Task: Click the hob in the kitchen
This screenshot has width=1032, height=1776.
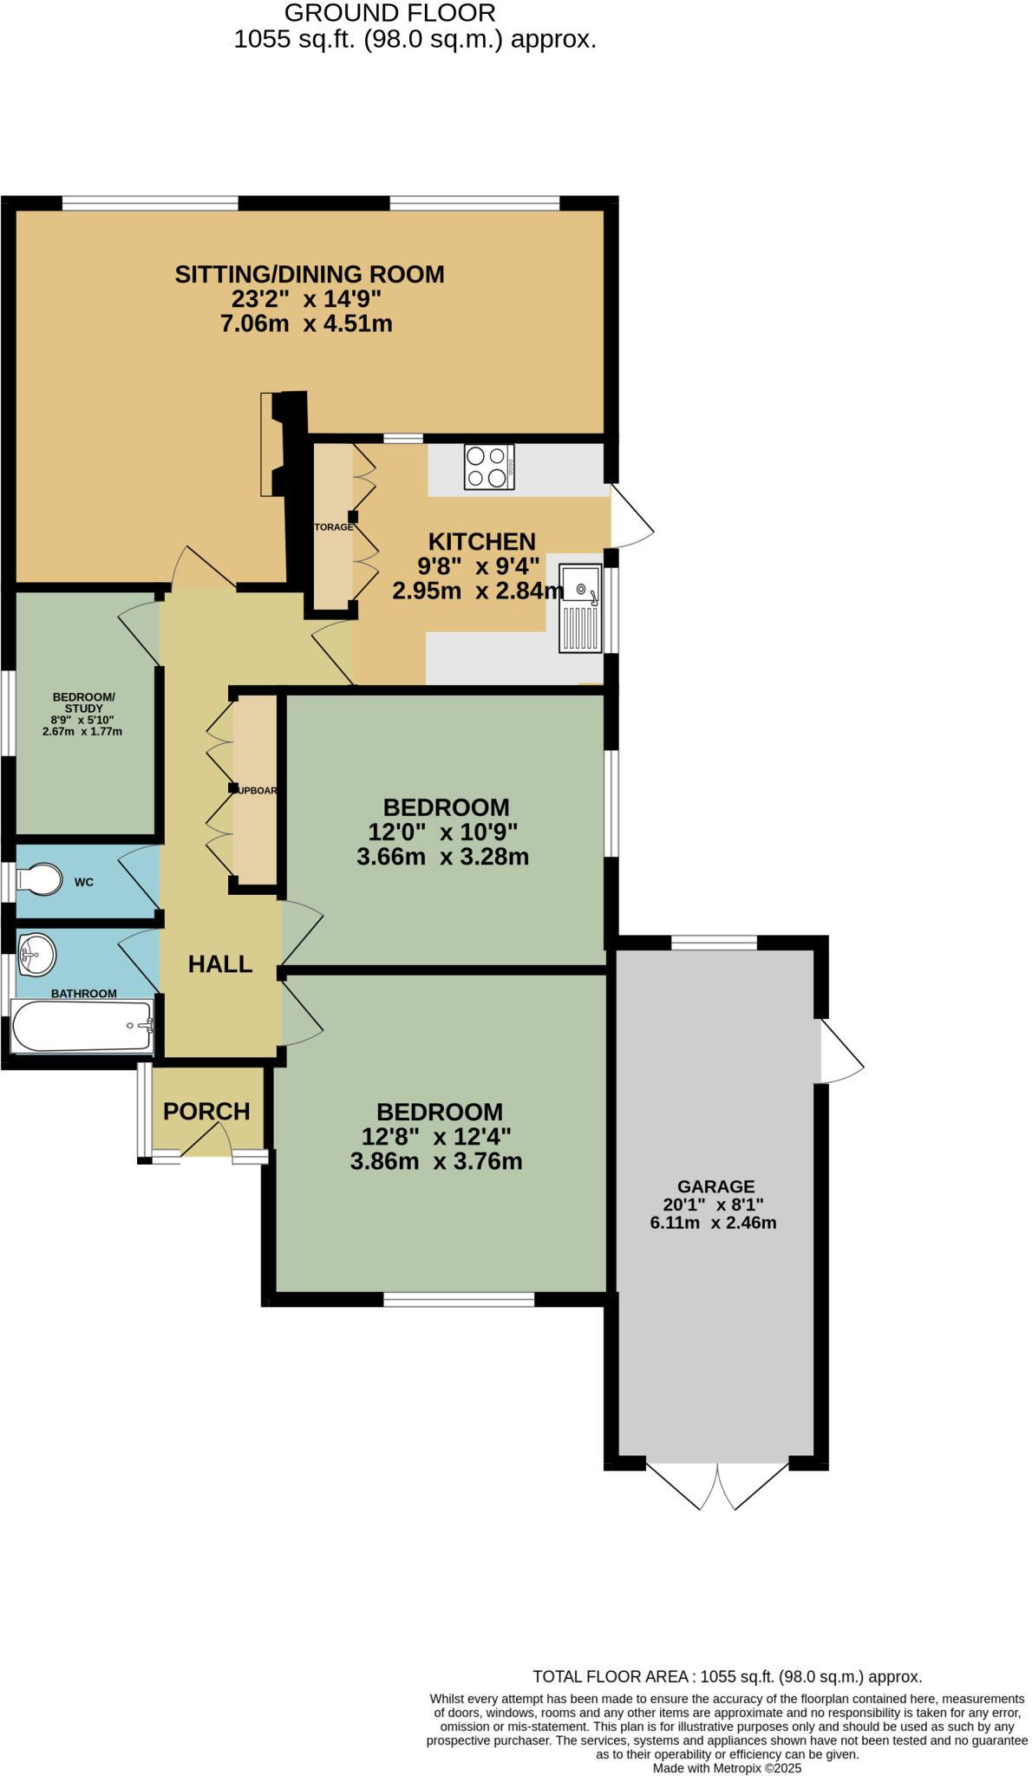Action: pos(489,467)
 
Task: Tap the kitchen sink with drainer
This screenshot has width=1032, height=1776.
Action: pos(581,608)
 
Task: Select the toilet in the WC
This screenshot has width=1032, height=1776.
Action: pos(40,880)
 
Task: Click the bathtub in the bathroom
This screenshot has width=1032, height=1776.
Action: pos(82,1027)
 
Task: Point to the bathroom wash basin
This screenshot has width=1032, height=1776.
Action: pos(36,955)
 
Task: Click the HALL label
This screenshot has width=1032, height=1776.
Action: pos(220,964)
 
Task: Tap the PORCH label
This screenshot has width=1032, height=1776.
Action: pos(206,1112)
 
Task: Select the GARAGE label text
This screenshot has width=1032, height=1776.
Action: pos(715,1186)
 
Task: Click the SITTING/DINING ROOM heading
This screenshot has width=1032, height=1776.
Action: pos(310,275)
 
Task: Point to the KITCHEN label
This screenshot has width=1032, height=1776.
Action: pos(482,542)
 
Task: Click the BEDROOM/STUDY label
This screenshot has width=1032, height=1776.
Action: pos(83,702)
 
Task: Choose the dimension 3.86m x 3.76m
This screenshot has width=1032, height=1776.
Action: pos(436,1161)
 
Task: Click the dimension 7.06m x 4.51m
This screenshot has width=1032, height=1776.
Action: pos(306,324)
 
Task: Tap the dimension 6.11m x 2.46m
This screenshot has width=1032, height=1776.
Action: pos(713,1224)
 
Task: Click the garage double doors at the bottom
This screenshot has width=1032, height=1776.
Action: pos(718,1485)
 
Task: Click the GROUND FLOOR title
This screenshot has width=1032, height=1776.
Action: pos(390,13)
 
